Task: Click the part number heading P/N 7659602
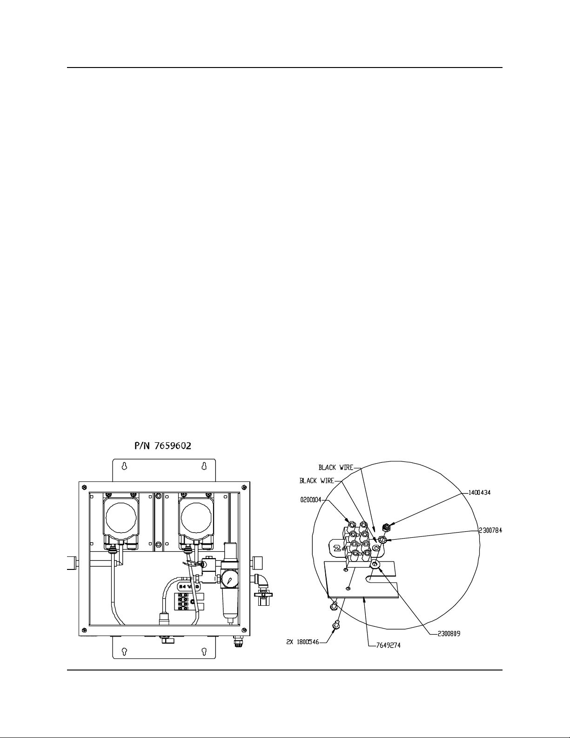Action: (x=163, y=446)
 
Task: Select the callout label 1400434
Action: (x=479, y=493)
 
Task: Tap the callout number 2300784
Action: (x=490, y=530)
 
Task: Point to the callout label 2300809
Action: (x=449, y=634)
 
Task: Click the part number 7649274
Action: (x=389, y=645)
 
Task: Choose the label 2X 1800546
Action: (x=303, y=642)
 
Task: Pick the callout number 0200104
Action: (x=310, y=500)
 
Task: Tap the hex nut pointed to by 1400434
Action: (x=385, y=528)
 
